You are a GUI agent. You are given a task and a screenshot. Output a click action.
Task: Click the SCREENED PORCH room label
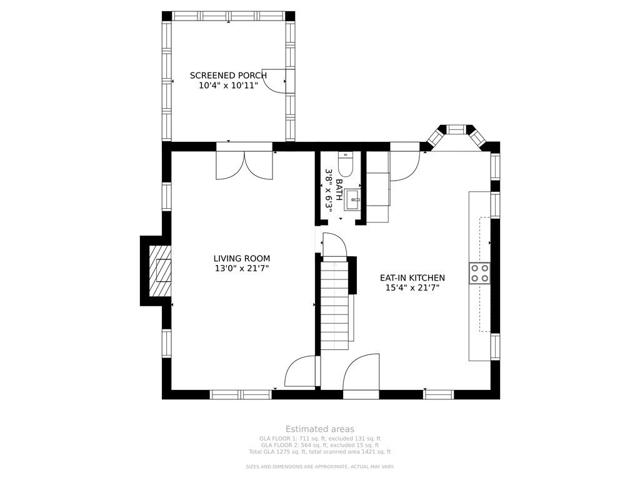228,76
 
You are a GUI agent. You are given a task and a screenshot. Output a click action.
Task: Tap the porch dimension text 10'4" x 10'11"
228,86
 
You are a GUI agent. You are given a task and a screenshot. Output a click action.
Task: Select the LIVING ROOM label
242,258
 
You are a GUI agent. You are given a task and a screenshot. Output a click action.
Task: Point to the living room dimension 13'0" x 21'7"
242,269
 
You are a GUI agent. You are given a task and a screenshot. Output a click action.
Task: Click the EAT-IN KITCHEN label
412,278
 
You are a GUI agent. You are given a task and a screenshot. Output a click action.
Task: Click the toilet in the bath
346,164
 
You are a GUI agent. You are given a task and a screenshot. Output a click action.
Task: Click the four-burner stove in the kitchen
480,273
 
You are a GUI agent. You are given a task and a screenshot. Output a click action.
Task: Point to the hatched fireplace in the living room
159,270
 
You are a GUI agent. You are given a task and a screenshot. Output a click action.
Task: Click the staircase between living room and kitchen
334,305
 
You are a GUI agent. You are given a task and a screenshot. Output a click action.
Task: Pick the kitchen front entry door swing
362,375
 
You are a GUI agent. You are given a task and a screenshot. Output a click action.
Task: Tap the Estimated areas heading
320,429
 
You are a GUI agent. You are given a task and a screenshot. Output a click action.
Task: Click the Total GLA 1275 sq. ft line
320,451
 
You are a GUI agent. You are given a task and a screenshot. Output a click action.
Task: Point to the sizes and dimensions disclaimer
320,467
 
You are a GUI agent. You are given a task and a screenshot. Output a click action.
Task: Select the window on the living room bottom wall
241,394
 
